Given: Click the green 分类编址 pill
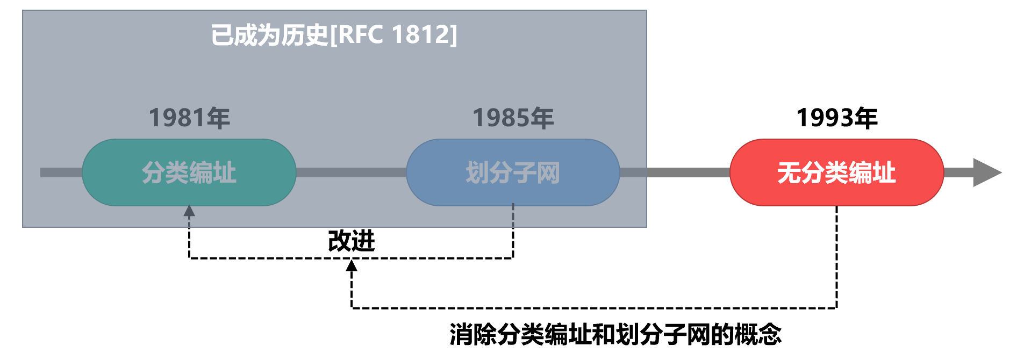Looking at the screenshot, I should [189, 172].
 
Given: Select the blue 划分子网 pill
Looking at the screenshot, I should [513, 172].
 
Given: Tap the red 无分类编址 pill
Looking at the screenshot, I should [836, 172].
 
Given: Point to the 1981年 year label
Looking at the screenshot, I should [189, 118].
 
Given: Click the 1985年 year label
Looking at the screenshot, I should [513, 118].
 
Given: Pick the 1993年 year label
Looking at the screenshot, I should [836, 118].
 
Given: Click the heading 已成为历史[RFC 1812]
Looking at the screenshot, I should [334, 35].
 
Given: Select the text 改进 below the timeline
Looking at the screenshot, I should [352, 241].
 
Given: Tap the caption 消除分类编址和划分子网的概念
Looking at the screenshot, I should [615, 334].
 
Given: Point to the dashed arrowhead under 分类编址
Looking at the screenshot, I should [189, 211].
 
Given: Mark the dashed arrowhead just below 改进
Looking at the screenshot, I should [352, 265].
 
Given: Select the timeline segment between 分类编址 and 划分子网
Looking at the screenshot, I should [351, 172].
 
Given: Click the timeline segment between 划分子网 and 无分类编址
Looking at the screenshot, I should [675, 172].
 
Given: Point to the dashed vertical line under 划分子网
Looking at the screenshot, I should [513, 231].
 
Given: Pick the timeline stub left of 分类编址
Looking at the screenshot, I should [61, 172].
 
